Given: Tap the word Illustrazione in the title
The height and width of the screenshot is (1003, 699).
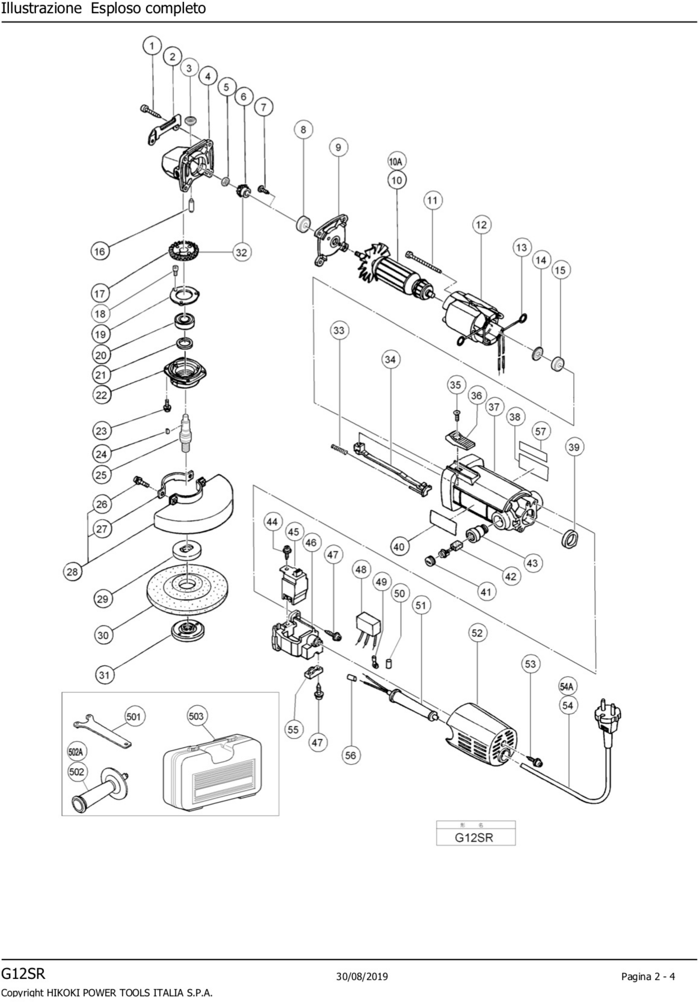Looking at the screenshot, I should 41,8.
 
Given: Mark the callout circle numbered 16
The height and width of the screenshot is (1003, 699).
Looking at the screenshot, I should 100,251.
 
